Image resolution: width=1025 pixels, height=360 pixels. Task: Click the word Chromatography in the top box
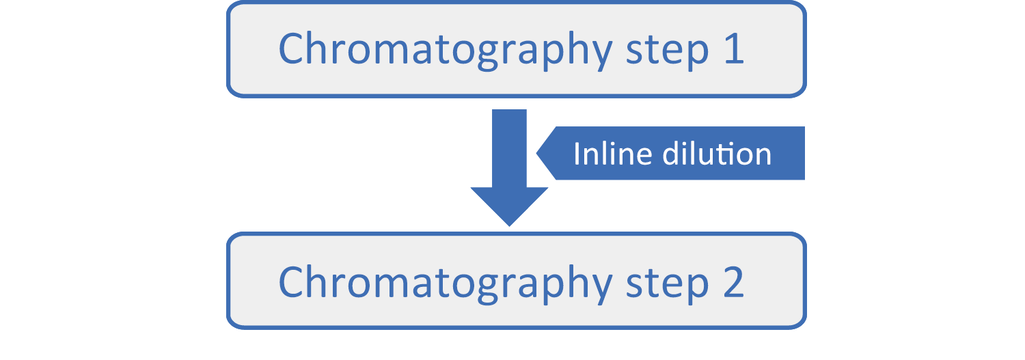tap(446, 51)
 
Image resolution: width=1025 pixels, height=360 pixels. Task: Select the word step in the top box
tap(667, 52)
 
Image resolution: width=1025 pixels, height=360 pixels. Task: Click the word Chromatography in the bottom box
tap(446, 283)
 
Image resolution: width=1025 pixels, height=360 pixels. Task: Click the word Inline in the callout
tap(613, 154)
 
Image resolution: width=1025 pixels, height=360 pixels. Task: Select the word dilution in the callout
tap(717, 154)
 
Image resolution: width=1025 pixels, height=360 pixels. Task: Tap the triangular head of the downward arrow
tap(509, 206)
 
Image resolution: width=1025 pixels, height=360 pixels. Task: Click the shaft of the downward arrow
tap(509, 148)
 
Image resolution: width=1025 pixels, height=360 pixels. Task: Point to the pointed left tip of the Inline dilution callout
tap(536, 153)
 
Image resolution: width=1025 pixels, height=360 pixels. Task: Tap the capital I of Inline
tap(577, 154)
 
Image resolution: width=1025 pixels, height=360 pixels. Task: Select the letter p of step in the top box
tap(697, 55)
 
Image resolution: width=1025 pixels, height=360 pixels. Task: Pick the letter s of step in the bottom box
tap(634, 285)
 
